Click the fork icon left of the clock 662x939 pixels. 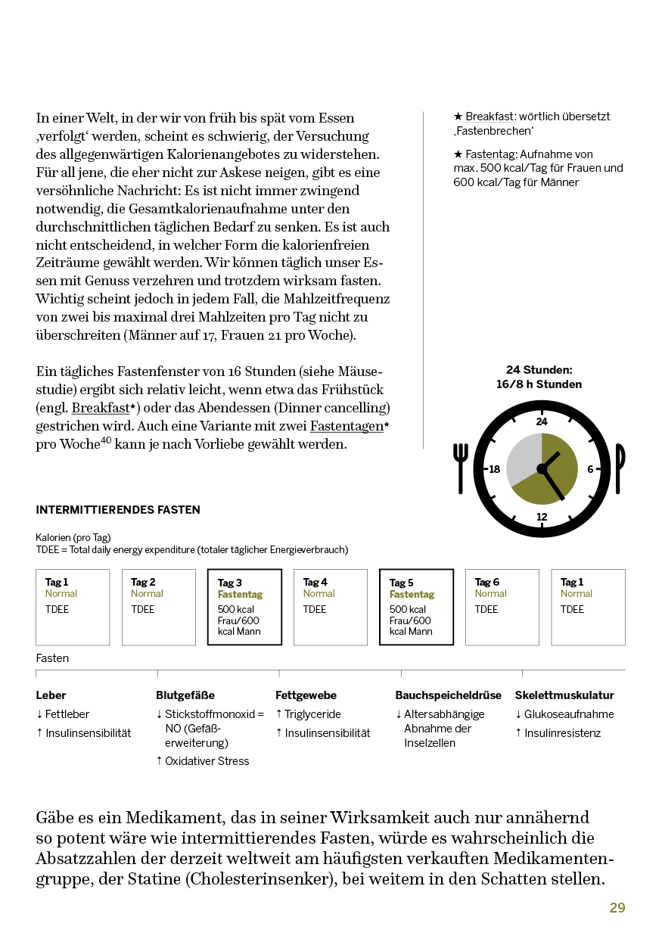click(461, 468)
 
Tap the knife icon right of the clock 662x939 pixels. click(620, 468)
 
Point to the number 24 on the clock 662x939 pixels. click(542, 421)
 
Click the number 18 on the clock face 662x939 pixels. click(495, 469)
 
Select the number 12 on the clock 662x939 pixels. click(542, 518)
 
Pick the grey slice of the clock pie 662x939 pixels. click(522, 458)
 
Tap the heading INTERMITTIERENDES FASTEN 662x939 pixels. click(118, 510)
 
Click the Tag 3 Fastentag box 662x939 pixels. click(244, 607)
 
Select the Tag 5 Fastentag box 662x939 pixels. click(416, 607)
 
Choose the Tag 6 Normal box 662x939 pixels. click(502, 607)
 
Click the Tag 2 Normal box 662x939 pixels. click(158, 607)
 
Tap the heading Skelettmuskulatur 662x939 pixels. click(564, 695)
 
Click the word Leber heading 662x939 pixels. click(51, 695)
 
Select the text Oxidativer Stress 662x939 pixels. click(207, 761)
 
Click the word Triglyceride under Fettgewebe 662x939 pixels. click(312, 714)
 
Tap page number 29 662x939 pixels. click(617, 908)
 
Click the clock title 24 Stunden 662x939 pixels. click(539, 370)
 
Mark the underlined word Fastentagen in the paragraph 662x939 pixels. click(347, 426)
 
